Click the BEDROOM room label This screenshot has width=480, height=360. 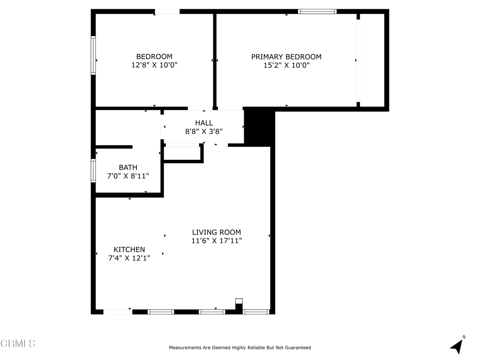(154, 57)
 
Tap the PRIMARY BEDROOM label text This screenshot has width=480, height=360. (286, 57)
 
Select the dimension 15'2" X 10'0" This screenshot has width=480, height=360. (286, 66)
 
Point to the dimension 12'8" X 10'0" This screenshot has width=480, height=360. (154, 66)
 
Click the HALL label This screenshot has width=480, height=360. (204, 123)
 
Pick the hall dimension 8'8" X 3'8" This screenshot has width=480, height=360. (204, 132)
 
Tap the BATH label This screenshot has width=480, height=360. (128, 167)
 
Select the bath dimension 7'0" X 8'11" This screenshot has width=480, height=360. (128, 176)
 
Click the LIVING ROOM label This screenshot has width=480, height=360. (217, 232)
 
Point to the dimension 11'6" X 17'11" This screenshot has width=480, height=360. (217, 241)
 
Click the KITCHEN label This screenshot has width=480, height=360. (129, 250)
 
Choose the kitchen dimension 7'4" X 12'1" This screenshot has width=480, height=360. (129, 258)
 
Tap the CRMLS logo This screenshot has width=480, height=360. (18, 344)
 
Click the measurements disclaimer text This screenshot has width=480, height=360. (240, 348)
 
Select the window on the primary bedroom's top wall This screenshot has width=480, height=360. (317, 11)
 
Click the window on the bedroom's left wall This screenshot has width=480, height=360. (93, 56)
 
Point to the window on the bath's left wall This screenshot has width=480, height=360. (93, 171)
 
